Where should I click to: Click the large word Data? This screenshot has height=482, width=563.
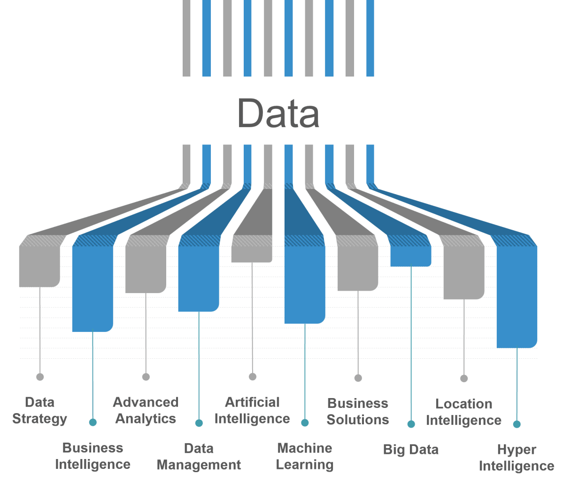coord(278,113)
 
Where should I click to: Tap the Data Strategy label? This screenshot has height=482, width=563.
coord(40,410)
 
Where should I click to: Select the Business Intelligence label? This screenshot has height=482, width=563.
coord(93,456)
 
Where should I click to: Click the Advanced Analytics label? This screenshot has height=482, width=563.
coord(146,410)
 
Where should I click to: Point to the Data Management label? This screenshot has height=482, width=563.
coord(199,457)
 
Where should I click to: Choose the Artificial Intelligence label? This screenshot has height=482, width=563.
coord(252,410)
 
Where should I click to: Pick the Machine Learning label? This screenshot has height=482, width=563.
coord(305,457)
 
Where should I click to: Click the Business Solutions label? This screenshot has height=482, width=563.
coord(358,411)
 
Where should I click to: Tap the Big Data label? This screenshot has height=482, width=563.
coord(411,450)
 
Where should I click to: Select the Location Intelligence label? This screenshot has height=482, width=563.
coord(464,412)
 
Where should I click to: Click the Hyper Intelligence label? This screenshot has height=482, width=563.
coord(517,458)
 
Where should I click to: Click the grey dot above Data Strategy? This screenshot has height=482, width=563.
coord(40,377)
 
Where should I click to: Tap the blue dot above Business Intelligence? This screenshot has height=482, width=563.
coord(93,422)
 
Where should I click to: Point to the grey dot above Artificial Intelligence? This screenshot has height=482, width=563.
coord(253,377)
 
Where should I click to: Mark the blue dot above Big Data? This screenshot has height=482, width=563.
coord(411,424)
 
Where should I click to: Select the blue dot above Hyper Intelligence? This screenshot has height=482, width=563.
coord(517,424)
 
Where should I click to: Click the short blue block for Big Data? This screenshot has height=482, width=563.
coord(411,256)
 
